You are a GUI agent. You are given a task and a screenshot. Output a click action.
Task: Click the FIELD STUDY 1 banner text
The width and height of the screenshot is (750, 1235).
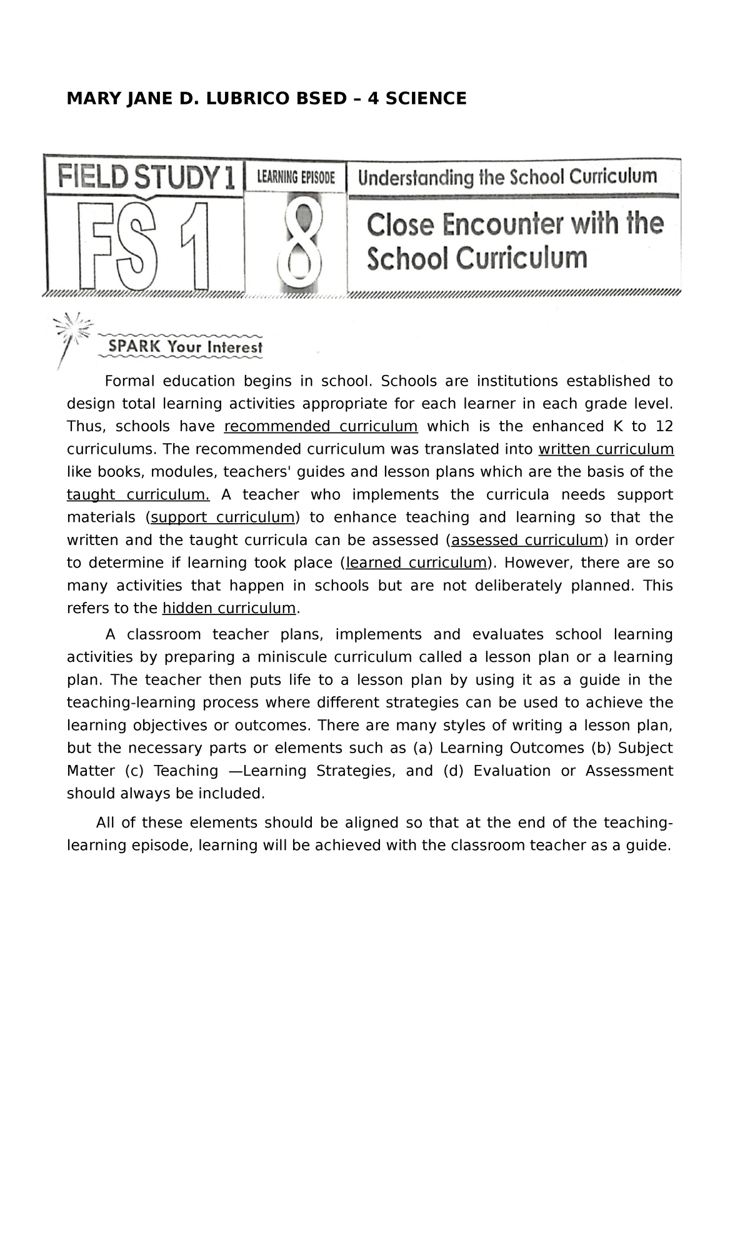coord(146,177)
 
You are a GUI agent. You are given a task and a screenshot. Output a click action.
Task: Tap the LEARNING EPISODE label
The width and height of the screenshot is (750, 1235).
coord(297,177)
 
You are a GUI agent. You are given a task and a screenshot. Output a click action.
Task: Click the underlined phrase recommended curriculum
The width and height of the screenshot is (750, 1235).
coord(321,426)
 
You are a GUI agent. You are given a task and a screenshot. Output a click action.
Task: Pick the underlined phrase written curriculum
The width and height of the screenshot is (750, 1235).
coord(606,449)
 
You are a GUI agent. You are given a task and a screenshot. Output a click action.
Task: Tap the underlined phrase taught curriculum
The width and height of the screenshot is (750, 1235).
coord(138,494)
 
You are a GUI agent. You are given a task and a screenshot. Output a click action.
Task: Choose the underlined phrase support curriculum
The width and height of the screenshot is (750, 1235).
coord(222,517)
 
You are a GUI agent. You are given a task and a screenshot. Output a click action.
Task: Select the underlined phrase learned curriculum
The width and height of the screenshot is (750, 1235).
coord(416,562)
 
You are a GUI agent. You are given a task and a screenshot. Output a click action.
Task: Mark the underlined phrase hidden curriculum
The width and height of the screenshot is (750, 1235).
coord(229,608)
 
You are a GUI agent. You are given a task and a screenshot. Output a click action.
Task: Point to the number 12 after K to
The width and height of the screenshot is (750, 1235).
coord(664,426)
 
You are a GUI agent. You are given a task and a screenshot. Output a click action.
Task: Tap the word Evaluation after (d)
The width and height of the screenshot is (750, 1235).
coord(512,771)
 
